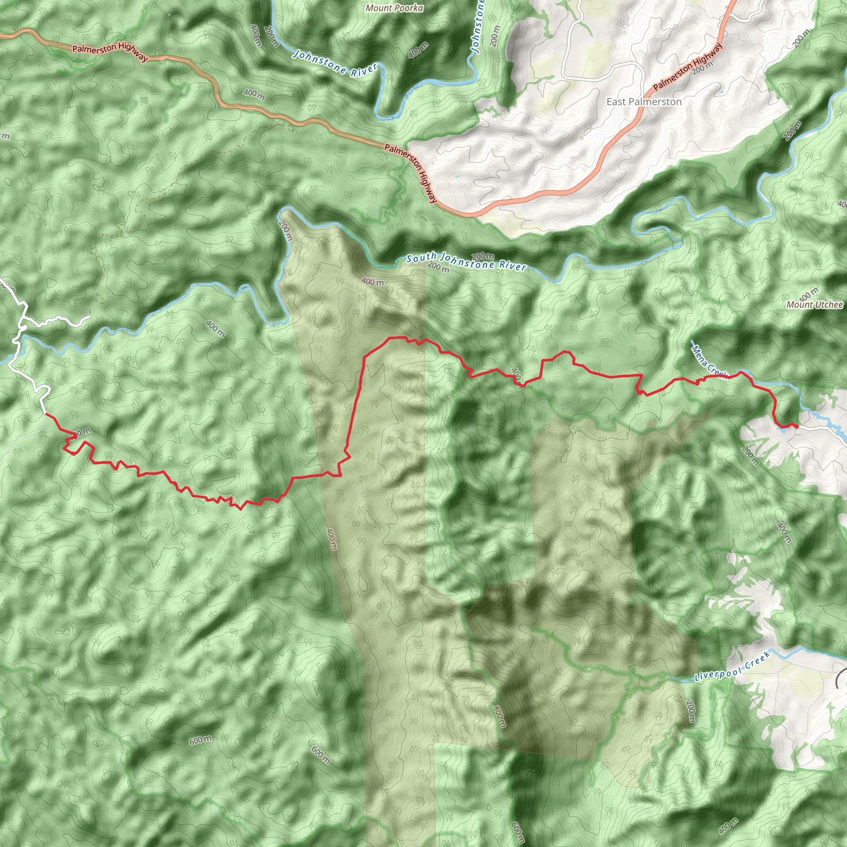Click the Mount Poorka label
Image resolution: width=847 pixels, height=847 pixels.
click(x=394, y=8)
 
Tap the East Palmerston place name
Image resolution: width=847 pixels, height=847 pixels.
click(x=644, y=102)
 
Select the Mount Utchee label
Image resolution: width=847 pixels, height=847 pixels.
click(x=814, y=304)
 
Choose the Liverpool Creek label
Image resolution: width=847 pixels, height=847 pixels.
click(x=732, y=666)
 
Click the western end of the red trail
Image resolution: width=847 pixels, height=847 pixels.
click(x=46, y=414)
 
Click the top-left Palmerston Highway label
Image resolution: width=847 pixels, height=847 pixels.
click(x=110, y=51)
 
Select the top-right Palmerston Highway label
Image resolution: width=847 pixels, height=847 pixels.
click(x=687, y=67)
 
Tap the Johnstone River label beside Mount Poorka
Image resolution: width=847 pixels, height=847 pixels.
click(x=335, y=64)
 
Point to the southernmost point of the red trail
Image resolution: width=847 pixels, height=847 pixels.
click(x=240, y=510)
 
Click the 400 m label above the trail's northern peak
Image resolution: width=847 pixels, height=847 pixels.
click(x=373, y=282)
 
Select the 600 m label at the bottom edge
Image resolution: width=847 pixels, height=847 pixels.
click(x=517, y=832)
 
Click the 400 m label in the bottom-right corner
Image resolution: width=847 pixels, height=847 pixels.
click(x=728, y=825)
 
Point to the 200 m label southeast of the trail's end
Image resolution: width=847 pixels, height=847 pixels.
click(x=750, y=455)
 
